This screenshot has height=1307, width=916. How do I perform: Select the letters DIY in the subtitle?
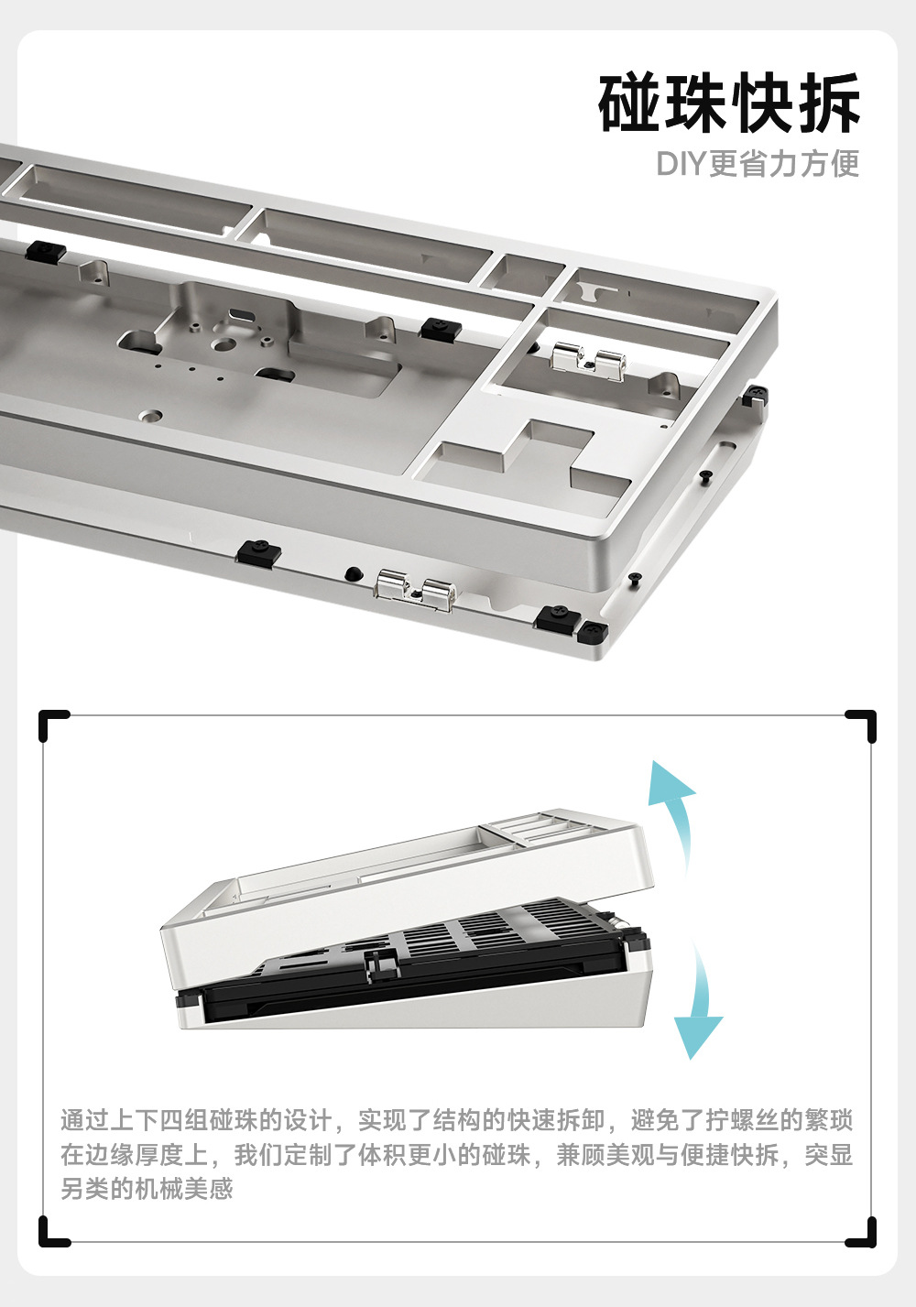(681, 164)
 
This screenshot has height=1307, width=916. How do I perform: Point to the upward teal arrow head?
(672, 783)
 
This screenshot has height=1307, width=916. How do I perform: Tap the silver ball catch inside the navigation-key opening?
(589, 362)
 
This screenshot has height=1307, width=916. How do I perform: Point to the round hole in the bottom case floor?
(150, 416)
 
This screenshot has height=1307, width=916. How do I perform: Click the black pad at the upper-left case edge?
(45, 252)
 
